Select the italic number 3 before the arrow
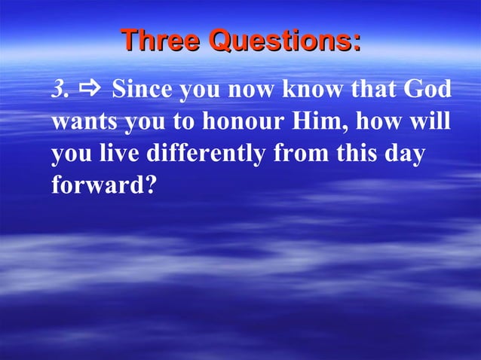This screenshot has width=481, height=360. click(x=58, y=90)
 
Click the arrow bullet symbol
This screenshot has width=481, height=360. click(x=90, y=90)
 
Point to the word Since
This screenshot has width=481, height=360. click(x=142, y=90)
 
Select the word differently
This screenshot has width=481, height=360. click(x=205, y=154)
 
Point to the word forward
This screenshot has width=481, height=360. click(x=97, y=185)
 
